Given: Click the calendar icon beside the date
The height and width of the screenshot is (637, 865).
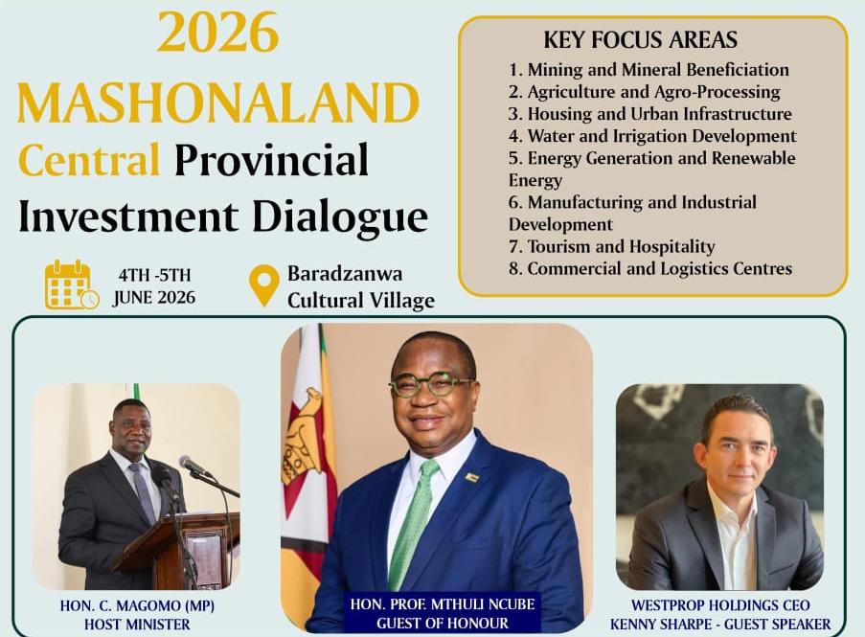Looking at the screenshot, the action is [72, 284].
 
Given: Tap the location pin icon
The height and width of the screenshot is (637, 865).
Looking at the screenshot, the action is [264, 285].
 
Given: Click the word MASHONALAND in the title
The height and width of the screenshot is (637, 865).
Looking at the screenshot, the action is [218, 103].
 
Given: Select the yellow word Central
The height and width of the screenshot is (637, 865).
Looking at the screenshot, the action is [89, 160].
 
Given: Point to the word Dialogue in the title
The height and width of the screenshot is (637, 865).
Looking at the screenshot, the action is [340, 216].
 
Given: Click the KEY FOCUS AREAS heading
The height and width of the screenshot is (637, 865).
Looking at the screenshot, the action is [641, 40].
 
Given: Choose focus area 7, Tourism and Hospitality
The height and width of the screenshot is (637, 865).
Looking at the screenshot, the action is [612, 246].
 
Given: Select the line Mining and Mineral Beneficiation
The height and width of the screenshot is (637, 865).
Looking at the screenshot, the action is [649, 70].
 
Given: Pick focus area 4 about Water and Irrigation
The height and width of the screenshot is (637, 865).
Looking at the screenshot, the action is [652, 136].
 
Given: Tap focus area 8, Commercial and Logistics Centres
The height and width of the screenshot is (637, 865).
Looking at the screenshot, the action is [650, 268].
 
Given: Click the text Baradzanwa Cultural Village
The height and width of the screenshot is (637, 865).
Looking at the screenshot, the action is [361, 286].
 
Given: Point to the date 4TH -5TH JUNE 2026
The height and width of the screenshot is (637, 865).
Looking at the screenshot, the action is [154, 286].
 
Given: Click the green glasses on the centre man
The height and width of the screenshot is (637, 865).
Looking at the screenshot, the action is [431, 384].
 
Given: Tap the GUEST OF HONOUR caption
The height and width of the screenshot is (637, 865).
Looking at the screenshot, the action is [443, 624].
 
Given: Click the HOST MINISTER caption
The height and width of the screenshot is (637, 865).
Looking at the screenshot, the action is [137, 625].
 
